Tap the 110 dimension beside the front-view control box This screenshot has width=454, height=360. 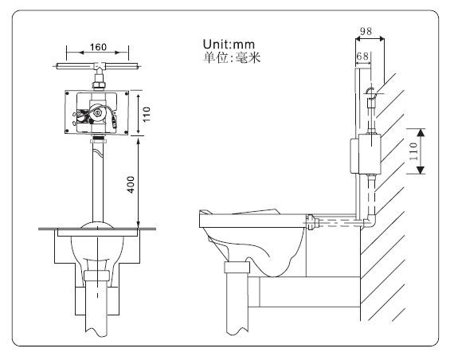pos(147,112)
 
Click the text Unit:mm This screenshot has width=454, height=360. pos(232,44)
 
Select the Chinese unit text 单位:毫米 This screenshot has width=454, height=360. pos(232,57)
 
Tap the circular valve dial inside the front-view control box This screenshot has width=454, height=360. pos(97,113)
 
